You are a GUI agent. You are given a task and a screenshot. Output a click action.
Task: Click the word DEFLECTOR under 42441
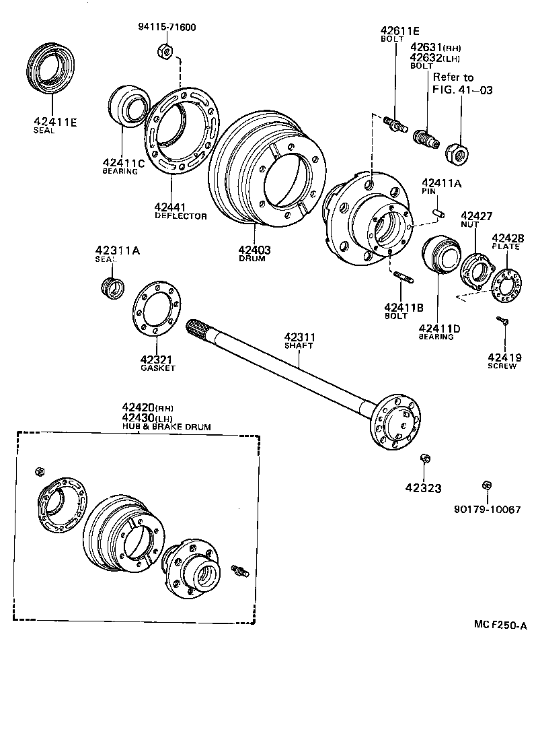[180, 216]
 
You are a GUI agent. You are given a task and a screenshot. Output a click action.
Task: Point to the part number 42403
[254, 250]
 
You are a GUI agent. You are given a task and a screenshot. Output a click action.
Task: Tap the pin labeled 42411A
[438, 213]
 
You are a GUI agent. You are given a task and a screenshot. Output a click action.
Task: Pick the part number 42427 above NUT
[476, 216]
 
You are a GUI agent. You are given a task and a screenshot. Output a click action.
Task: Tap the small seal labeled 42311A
[113, 286]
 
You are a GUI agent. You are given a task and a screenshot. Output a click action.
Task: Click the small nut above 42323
[424, 459]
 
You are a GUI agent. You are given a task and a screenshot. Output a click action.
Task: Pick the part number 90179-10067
[487, 510]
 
